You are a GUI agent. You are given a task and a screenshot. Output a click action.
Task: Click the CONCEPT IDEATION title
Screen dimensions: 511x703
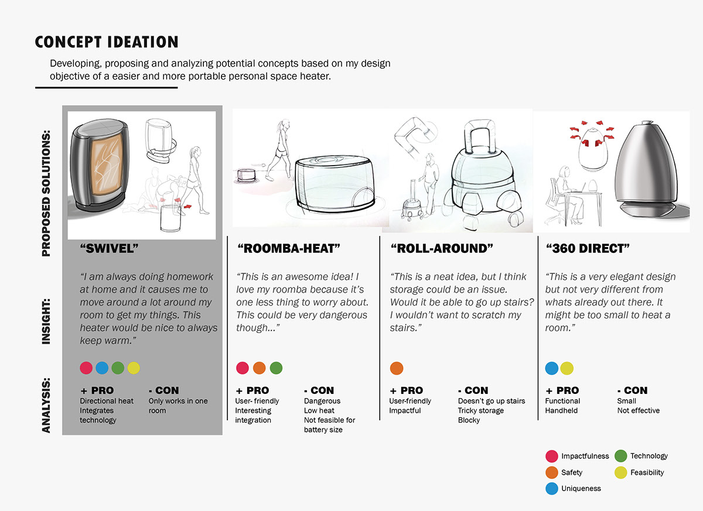[x=107, y=42]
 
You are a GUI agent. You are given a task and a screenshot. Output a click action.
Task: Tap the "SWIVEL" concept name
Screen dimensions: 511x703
[x=109, y=249]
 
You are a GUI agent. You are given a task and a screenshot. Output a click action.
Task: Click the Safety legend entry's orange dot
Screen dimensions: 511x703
[x=551, y=472]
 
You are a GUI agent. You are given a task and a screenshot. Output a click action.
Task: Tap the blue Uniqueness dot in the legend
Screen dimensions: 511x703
[x=551, y=488]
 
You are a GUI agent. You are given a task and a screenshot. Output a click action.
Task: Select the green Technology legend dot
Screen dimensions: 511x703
[x=620, y=456]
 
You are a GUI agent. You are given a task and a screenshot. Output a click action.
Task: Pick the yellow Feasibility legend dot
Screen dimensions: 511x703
[x=620, y=472]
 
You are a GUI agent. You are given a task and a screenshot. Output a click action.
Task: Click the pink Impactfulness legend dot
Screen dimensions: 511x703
[x=551, y=456]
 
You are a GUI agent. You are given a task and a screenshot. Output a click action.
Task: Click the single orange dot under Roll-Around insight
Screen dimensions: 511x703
[x=397, y=368]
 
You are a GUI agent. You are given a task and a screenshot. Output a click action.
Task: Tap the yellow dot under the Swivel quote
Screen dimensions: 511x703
[x=134, y=368]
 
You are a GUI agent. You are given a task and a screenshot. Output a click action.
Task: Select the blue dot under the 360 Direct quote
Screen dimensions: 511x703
[x=551, y=368]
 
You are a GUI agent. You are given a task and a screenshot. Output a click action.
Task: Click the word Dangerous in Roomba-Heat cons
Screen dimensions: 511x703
[x=322, y=401]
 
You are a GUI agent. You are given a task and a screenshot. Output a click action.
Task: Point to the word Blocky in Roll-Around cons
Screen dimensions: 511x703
[x=469, y=420]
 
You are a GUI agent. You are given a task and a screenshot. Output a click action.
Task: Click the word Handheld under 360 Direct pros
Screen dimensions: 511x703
[x=561, y=410]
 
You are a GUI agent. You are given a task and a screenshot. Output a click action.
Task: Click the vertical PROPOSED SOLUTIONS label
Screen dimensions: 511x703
[x=46, y=184]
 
